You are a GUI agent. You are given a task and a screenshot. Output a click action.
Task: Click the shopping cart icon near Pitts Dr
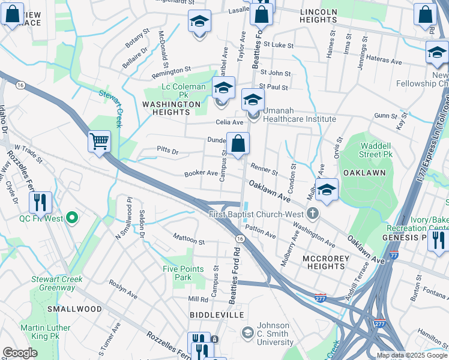point(100,142)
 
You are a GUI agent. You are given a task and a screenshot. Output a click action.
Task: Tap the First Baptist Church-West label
point(258,214)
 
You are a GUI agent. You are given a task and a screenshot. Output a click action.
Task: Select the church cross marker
point(312,214)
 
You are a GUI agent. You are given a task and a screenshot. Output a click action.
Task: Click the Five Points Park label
point(185,273)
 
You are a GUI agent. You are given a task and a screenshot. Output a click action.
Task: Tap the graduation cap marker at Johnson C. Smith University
point(247,332)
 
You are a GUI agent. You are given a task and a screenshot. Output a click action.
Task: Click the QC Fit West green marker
point(73,218)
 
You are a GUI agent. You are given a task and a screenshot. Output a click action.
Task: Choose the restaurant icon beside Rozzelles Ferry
point(40,202)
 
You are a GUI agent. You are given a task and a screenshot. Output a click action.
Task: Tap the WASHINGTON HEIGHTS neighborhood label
point(170,108)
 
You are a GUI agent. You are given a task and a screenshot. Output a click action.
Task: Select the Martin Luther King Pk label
point(46,332)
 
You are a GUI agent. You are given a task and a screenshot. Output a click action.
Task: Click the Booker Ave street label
point(200,173)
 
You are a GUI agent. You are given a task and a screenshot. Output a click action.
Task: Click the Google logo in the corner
point(20,353)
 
